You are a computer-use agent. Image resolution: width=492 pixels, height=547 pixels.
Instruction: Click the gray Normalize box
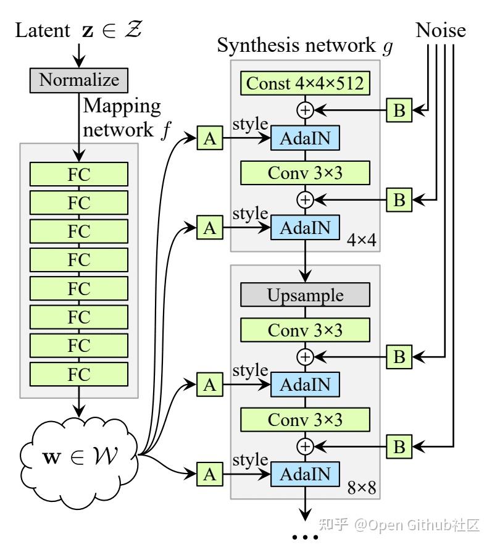(78, 80)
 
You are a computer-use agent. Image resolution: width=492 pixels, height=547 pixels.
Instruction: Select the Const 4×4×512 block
(306, 83)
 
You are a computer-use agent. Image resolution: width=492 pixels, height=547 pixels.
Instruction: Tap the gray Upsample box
(306, 294)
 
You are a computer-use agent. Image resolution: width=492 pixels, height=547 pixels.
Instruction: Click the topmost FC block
(78, 174)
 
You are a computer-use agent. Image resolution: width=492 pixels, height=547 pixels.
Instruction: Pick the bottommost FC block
(78, 374)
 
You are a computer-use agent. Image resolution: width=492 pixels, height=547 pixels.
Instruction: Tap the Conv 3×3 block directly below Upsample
(306, 330)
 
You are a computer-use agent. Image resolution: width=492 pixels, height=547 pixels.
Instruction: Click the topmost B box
(399, 111)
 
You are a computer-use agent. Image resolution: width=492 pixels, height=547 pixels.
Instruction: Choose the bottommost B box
(399, 446)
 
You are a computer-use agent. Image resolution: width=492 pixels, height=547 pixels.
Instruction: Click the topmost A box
(210, 140)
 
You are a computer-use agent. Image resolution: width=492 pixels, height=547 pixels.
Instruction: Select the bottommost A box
(210, 474)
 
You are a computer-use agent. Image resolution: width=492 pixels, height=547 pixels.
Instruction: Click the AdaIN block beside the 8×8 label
(306, 474)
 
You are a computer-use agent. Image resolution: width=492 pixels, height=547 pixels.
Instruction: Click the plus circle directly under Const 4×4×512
(306, 111)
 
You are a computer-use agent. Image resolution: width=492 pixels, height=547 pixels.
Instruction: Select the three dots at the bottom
(306, 537)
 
